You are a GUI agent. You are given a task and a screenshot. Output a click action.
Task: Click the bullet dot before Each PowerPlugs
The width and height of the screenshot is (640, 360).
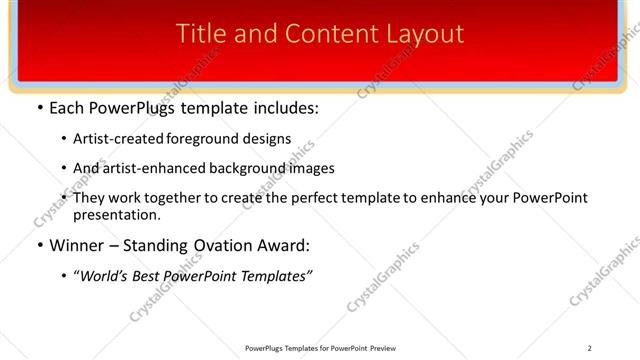[38, 108]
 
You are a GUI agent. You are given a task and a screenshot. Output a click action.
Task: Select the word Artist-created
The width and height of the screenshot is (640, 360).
[121, 138]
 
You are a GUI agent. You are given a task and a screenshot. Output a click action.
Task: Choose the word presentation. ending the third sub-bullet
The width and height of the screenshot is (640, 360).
[116, 215]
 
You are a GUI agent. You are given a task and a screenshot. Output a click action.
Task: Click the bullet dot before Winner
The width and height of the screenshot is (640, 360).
[38, 246]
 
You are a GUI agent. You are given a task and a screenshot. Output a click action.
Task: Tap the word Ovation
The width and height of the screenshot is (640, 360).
[223, 246]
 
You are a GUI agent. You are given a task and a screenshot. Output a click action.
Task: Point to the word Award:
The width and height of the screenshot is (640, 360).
[285, 246]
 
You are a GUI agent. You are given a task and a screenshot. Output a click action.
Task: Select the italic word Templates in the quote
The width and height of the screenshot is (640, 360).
[276, 276]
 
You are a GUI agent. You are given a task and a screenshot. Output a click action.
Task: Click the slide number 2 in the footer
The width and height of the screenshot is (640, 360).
[590, 348]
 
